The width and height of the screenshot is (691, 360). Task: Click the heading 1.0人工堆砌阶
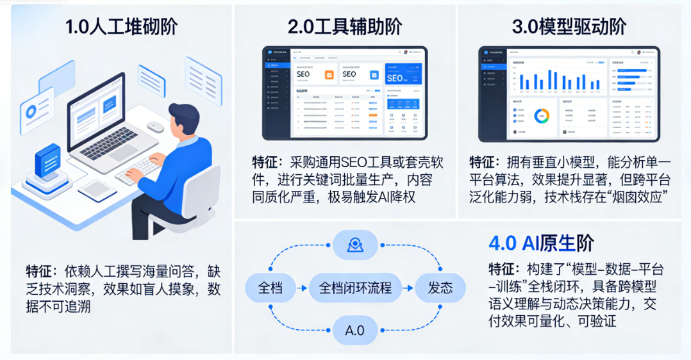click(x=121, y=27)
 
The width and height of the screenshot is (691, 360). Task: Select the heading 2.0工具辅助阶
click(x=345, y=27)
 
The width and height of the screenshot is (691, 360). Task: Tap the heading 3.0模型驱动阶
click(x=569, y=27)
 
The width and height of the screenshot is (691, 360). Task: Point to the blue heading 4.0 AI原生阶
click(x=541, y=243)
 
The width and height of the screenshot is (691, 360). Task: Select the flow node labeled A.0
click(x=354, y=331)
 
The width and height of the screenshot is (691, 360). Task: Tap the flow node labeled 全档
click(x=269, y=288)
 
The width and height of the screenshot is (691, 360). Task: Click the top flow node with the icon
click(x=354, y=244)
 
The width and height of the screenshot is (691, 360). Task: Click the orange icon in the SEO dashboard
click(x=329, y=75)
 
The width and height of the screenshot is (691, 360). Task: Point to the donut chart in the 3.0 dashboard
click(x=542, y=115)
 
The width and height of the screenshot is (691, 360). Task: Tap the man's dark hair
click(x=187, y=115)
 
